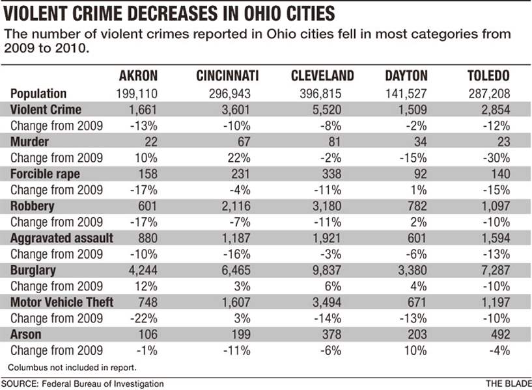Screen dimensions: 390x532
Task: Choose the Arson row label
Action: coord(26,334)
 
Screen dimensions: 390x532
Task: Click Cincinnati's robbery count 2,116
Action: coord(234,207)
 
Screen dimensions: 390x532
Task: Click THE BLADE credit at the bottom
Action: coord(507,384)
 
